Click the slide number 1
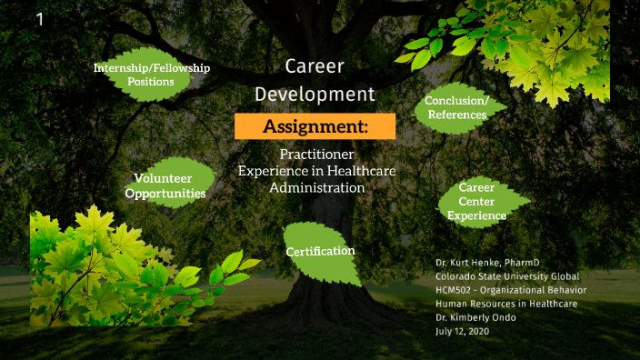pos(40,19)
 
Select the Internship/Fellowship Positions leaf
pos(152,75)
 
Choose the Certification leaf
pos(320,251)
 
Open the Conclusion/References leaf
pos(457,108)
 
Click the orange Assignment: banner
pos(315,126)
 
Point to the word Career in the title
pos(315,66)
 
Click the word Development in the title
pos(315,95)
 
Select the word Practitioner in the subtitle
pos(316,155)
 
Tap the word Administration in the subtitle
pos(316,187)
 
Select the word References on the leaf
pos(457,115)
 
